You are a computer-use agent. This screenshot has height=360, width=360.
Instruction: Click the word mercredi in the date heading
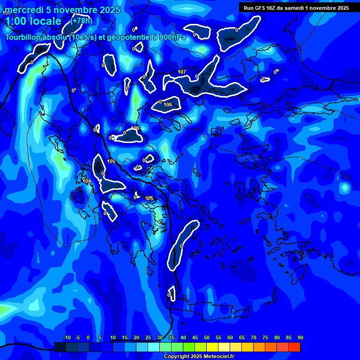click(x=24, y=10)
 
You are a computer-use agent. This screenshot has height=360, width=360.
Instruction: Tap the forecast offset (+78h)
click(x=82, y=21)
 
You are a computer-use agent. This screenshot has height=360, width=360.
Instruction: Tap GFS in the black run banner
click(x=260, y=8)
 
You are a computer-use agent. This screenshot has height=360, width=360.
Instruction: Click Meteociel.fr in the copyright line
click(x=215, y=357)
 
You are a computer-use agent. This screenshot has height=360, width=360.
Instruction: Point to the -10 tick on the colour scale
click(x=67, y=337)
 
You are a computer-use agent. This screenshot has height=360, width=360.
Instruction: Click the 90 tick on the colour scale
click(x=300, y=337)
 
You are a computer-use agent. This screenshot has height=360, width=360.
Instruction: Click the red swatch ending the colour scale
click(x=294, y=347)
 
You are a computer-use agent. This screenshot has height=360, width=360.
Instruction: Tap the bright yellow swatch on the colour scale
click(x=212, y=347)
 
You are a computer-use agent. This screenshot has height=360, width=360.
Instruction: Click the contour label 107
click(x=182, y=72)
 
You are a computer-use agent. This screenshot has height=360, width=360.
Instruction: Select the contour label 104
click(x=87, y=181)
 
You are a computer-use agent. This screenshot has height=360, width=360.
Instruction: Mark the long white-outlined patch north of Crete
click(x=182, y=244)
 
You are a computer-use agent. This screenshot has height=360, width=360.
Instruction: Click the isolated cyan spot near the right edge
click(x=345, y=188)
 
